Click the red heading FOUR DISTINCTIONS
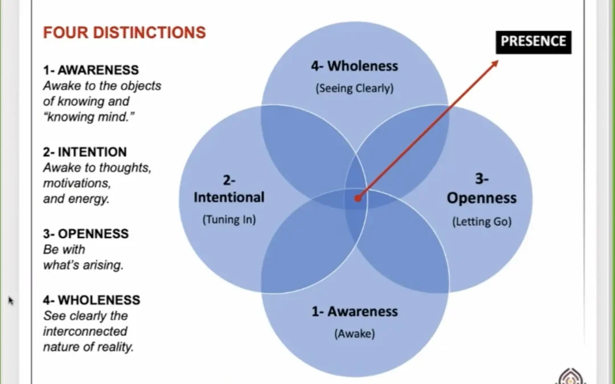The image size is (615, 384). click(x=124, y=32)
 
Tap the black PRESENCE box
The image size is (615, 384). click(x=534, y=42)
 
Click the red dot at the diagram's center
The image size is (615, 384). click(x=358, y=199)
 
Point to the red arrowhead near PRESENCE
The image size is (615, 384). click(x=494, y=64)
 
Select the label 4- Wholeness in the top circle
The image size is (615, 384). click(x=355, y=66)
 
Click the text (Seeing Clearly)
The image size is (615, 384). click(x=355, y=88)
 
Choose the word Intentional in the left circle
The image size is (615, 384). click(x=229, y=197)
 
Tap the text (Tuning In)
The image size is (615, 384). click(x=229, y=220)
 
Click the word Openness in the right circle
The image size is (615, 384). click(x=482, y=198)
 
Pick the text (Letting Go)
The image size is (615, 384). click(x=482, y=222)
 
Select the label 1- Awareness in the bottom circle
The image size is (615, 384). click(x=355, y=312)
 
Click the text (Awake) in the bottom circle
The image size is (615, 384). click(x=355, y=334)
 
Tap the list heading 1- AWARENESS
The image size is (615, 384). click(x=91, y=70)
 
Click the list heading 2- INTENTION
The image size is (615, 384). click(x=85, y=152)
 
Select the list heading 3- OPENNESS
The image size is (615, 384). click(x=86, y=234)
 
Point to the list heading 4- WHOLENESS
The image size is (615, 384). click(x=92, y=300)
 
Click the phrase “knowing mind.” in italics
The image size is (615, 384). click(x=89, y=117)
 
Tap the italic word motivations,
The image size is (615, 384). click(x=77, y=183)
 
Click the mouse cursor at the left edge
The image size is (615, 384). click(x=11, y=300)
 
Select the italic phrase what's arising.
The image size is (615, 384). click(x=83, y=265)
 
